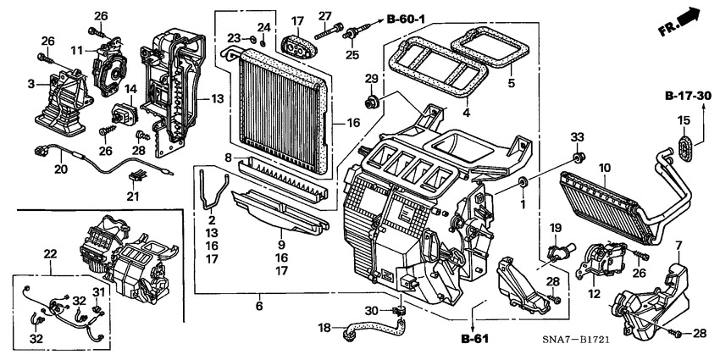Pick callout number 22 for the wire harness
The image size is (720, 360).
50,254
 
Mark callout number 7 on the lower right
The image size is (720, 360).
678,246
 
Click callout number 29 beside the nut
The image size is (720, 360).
370,80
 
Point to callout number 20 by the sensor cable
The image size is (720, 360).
60,169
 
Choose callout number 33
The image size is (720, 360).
577,137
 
